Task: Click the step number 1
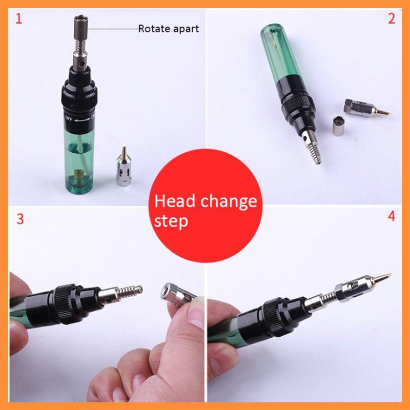[19, 20]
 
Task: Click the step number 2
[392, 19]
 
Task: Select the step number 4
[392, 216]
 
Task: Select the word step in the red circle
[171, 221]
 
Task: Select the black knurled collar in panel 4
[270, 313]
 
